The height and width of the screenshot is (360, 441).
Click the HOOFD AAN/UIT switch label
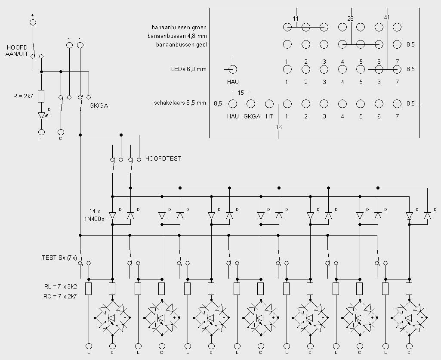(17, 51)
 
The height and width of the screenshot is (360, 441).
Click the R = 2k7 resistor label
(23, 96)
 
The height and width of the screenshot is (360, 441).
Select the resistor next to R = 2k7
(41, 96)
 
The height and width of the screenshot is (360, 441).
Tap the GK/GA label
(99, 106)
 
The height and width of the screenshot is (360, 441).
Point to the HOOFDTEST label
(163, 158)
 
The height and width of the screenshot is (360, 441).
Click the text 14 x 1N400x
(94, 215)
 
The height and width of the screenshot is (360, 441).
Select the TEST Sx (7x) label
(59, 258)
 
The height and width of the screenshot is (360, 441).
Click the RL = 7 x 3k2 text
(61, 286)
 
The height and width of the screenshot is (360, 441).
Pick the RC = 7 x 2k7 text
(60, 296)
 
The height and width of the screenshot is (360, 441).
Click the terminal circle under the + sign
(33, 22)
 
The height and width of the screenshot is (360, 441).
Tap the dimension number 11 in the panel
(295, 19)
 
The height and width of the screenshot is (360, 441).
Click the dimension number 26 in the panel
(350, 19)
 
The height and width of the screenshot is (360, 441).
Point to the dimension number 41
(387, 17)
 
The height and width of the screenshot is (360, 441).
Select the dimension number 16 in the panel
(278, 127)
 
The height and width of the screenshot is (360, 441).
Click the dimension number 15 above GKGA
(241, 93)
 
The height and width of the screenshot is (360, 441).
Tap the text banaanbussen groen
(179, 27)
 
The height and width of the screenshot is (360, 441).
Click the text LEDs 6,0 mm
(189, 69)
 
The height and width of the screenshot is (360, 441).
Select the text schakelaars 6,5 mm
(180, 103)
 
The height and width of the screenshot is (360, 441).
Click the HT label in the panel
(269, 116)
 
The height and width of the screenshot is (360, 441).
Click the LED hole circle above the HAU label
(233, 69)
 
